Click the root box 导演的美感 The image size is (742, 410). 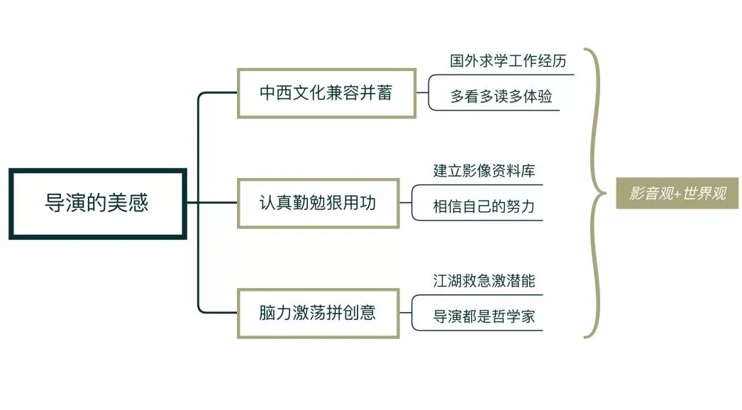coord(98,204)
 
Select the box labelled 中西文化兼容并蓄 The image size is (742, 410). coord(326,93)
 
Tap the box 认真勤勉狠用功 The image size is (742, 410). coord(316,203)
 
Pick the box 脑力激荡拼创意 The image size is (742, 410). coord(316,313)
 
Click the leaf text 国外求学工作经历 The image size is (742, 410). coord(508,60)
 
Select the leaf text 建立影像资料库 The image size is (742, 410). coord(484,171)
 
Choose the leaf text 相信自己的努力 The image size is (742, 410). coord(484,207)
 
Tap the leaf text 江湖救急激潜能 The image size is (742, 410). coord(484,281)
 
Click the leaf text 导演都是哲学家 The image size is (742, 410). coord(484,317)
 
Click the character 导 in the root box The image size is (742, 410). coord(53,204)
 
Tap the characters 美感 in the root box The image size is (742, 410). coord(130,204)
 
